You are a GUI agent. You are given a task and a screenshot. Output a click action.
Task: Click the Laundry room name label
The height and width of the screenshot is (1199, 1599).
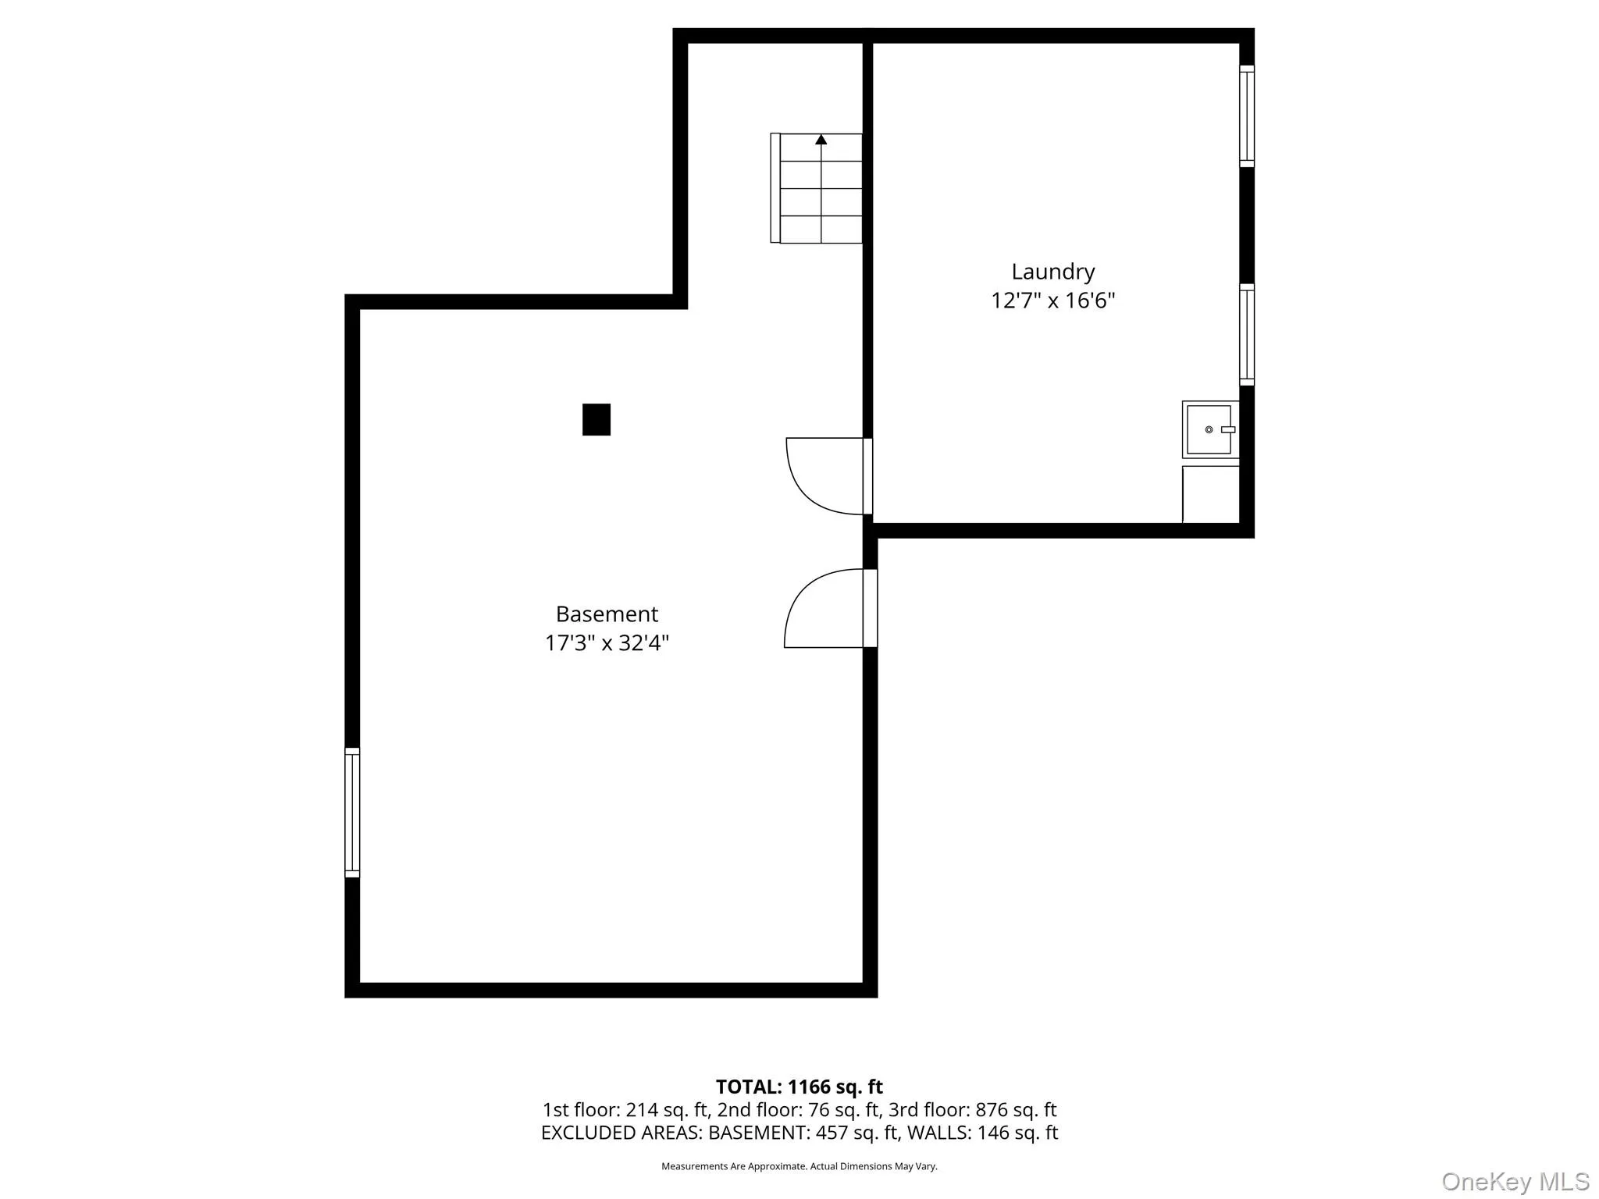point(1052,272)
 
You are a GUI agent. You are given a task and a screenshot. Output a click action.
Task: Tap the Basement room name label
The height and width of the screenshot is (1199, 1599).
point(607,614)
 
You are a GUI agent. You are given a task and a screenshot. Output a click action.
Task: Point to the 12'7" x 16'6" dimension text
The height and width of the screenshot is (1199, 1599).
point(1052,301)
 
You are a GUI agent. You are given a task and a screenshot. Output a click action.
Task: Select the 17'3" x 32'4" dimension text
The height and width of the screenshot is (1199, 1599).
point(607,643)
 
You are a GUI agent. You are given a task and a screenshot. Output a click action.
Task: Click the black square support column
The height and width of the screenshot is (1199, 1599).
point(597,419)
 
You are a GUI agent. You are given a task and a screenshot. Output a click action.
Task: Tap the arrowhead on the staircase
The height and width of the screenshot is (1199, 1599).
point(821,140)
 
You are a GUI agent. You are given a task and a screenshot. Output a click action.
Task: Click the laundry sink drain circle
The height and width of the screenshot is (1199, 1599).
point(1209,429)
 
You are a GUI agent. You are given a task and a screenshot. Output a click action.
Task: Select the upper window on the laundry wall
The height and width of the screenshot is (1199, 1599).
point(1247,116)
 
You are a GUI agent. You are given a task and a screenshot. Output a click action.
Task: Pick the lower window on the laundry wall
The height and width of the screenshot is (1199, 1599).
point(1247,334)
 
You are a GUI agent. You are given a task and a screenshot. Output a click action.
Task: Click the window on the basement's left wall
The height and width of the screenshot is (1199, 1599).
point(352,813)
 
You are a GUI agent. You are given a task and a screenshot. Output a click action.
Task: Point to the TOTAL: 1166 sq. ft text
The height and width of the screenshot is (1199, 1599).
point(799,1087)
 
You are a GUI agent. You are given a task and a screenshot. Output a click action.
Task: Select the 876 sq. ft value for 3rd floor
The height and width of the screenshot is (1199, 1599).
point(1016,1109)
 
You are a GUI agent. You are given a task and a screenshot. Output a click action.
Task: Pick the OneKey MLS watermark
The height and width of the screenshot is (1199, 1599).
point(1515,1181)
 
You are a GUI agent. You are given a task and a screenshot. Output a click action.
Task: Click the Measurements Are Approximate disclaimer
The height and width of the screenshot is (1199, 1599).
point(799,1166)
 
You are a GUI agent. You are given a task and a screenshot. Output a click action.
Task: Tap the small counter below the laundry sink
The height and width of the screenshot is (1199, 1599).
point(1211,494)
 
